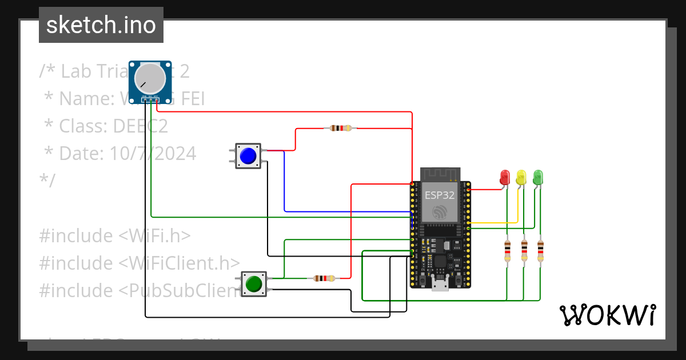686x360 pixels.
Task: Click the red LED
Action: click(x=505, y=177)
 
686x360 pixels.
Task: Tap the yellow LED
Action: click(x=521, y=177)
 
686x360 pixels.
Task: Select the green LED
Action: click(x=538, y=177)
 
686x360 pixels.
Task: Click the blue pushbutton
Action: click(x=248, y=156)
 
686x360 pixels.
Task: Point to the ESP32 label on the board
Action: click(x=440, y=195)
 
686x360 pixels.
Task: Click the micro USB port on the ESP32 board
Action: click(x=440, y=283)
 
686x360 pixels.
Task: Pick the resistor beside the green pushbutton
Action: click(x=324, y=279)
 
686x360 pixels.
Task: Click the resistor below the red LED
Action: click(x=507, y=251)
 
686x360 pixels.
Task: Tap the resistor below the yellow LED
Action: click(x=524, y=251)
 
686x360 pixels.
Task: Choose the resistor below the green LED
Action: click(x=540, y=251)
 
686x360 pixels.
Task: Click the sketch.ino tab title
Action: click(x=101, y=25)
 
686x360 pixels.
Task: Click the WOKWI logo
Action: click(x=607, y=315)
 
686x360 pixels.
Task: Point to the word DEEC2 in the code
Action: click(x=140, y=126)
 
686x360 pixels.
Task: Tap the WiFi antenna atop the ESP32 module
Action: click(x=440, y=174)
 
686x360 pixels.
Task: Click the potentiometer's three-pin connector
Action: click(x=150, y=100)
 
